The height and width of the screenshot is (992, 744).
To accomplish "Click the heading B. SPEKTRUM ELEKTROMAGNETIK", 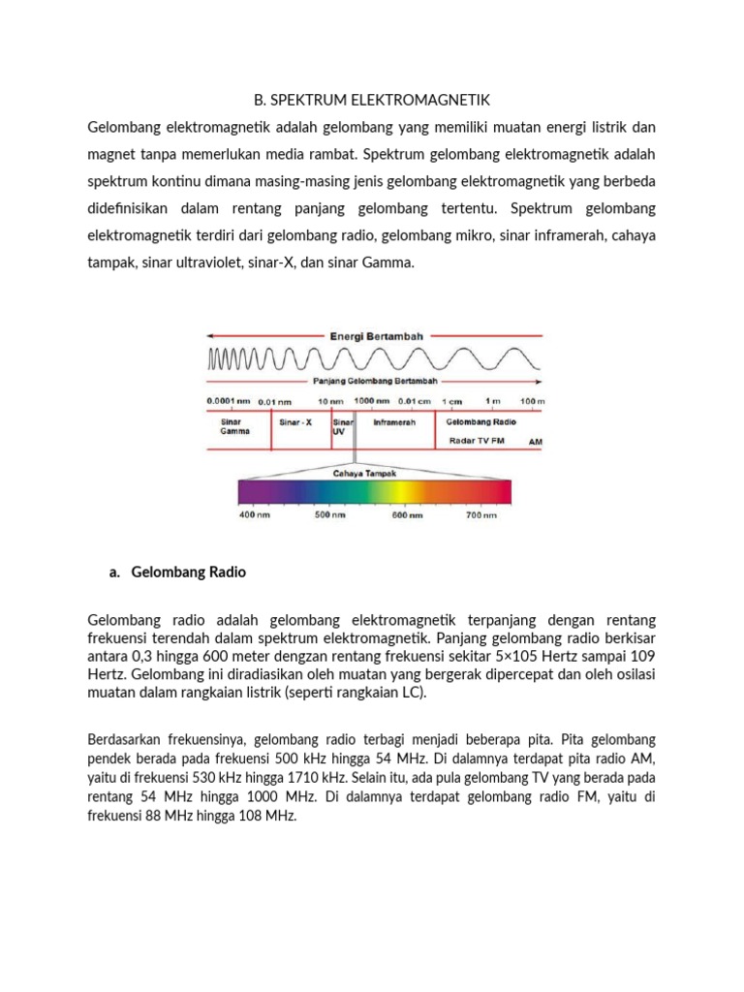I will [x=373, y=100].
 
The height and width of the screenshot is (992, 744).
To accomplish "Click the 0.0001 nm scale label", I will [x=229, y=401].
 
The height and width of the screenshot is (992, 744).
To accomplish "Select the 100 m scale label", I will [x=533, y=401].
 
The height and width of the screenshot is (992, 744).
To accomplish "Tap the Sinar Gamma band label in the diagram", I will [x=233, y=427].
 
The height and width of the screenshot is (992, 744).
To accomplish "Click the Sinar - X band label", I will [x=295, y=422].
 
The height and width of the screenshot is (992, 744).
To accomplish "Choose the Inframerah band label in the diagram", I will [x=394, y=422].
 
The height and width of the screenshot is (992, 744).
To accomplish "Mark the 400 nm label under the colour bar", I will [x=255, y=516].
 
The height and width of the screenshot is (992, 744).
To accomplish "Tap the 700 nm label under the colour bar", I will [x=481, y=516].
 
